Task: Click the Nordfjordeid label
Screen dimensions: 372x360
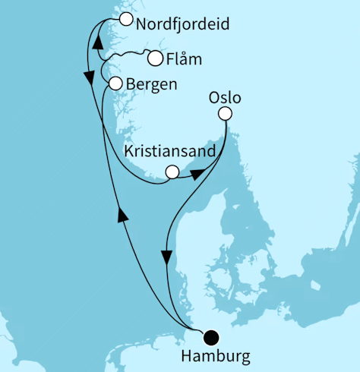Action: (x=182, y=24)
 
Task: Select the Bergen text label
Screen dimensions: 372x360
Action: (x=152, y=84)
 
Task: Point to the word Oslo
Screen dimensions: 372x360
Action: (x=223, y=97)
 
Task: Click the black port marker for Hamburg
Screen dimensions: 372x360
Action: (x=210, y=337)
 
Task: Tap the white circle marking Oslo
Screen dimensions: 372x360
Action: (x=224, y=114)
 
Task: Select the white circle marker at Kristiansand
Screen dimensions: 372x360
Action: (x=172, y=172)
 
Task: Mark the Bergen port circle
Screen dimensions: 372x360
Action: (x=115, y=84)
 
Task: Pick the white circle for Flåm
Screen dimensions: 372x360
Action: (x=155, y=58)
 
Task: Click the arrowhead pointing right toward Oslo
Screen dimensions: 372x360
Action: (x=197, y=174)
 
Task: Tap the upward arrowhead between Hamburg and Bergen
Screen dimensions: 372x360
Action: (x=120, y=216)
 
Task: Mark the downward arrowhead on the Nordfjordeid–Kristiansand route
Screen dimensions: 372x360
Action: (x=89, y=77)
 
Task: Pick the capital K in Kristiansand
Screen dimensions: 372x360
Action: (x=129, y=151)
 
